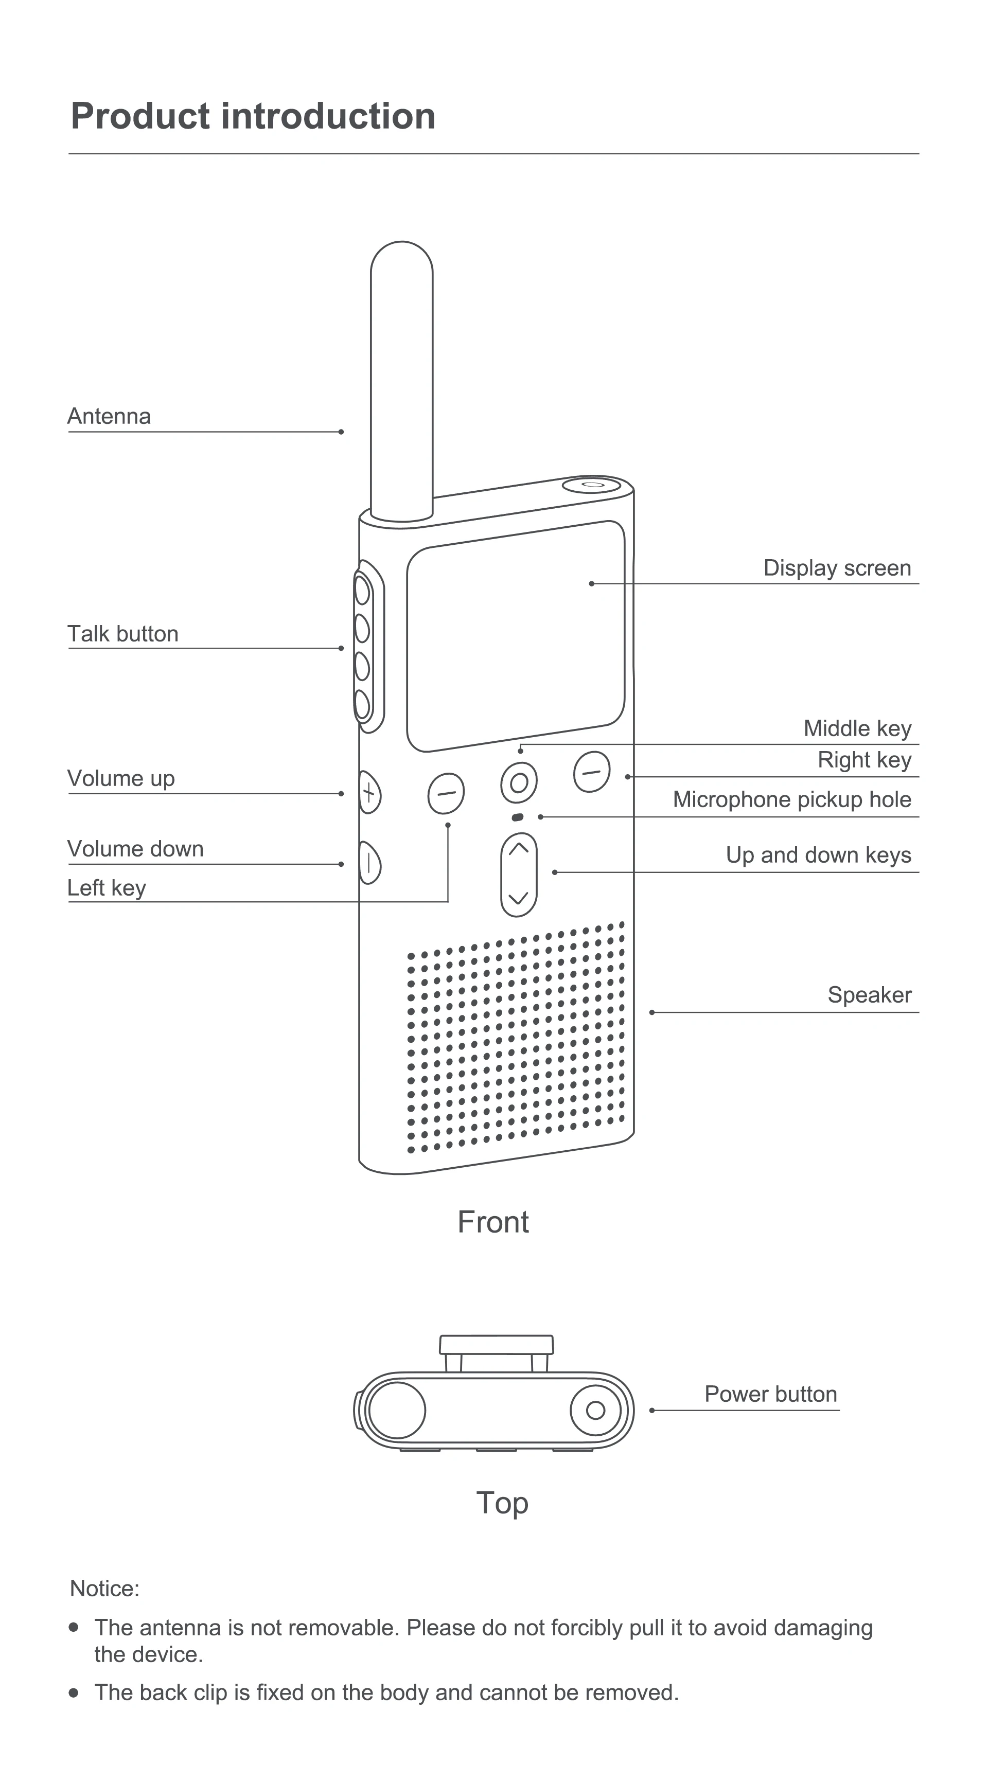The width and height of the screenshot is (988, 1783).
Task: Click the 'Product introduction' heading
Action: pos(253,116)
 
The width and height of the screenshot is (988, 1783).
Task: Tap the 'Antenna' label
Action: pos(109,416)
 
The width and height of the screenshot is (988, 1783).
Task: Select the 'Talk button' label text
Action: pos(122,633)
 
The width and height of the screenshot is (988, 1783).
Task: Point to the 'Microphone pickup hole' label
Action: pos(791,799)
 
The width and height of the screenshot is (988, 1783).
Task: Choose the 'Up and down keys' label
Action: pos(818,855)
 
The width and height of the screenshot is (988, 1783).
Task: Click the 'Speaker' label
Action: pos(869,994)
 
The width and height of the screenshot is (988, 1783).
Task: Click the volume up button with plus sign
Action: pos(369,793)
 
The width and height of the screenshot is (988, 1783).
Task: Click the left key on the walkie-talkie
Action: pos(446,793)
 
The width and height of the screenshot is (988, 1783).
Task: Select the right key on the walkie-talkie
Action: pos(591,771)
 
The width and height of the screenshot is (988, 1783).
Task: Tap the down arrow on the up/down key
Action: pos(519,898)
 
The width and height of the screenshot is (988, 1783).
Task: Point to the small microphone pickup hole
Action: pos(517,817)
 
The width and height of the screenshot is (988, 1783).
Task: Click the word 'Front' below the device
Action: pos(493,1222)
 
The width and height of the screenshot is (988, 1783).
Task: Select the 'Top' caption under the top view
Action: pos(502,1503)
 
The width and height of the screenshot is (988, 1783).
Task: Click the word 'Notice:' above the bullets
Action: pos(104,1589)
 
